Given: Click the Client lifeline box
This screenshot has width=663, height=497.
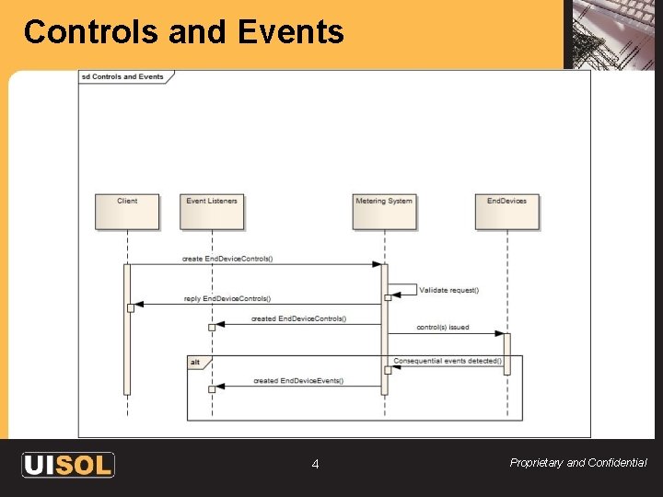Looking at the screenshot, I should coord(127,210).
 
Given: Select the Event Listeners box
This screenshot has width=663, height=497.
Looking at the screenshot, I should coord(212,210).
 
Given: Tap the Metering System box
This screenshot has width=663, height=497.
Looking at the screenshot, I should coord(384,210).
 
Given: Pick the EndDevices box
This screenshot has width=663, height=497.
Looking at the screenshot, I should coord(506,210).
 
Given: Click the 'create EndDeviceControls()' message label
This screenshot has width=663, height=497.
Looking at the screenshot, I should coord(227,259).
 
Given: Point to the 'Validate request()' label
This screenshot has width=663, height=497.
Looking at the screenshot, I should coord(449,290).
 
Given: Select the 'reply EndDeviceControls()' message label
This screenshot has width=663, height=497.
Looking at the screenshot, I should coord(227,298).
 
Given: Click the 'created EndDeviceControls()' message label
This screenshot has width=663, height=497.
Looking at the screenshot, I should coord(299,318).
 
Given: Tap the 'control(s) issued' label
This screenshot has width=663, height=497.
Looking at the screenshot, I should coord(443,327).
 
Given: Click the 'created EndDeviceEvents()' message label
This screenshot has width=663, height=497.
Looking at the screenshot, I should coord(297,380).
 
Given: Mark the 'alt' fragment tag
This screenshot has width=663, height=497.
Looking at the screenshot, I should coord(196,363).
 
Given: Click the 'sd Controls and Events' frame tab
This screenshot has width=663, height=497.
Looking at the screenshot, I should coord(122,76).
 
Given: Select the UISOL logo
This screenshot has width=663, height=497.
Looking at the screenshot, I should coord(68,465).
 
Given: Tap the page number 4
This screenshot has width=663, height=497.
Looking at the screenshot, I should coord(315,465).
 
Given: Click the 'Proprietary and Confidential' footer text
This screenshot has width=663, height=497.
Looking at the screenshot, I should coord(578,463).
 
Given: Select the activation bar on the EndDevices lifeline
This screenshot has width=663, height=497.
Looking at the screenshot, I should coord(506,353).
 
